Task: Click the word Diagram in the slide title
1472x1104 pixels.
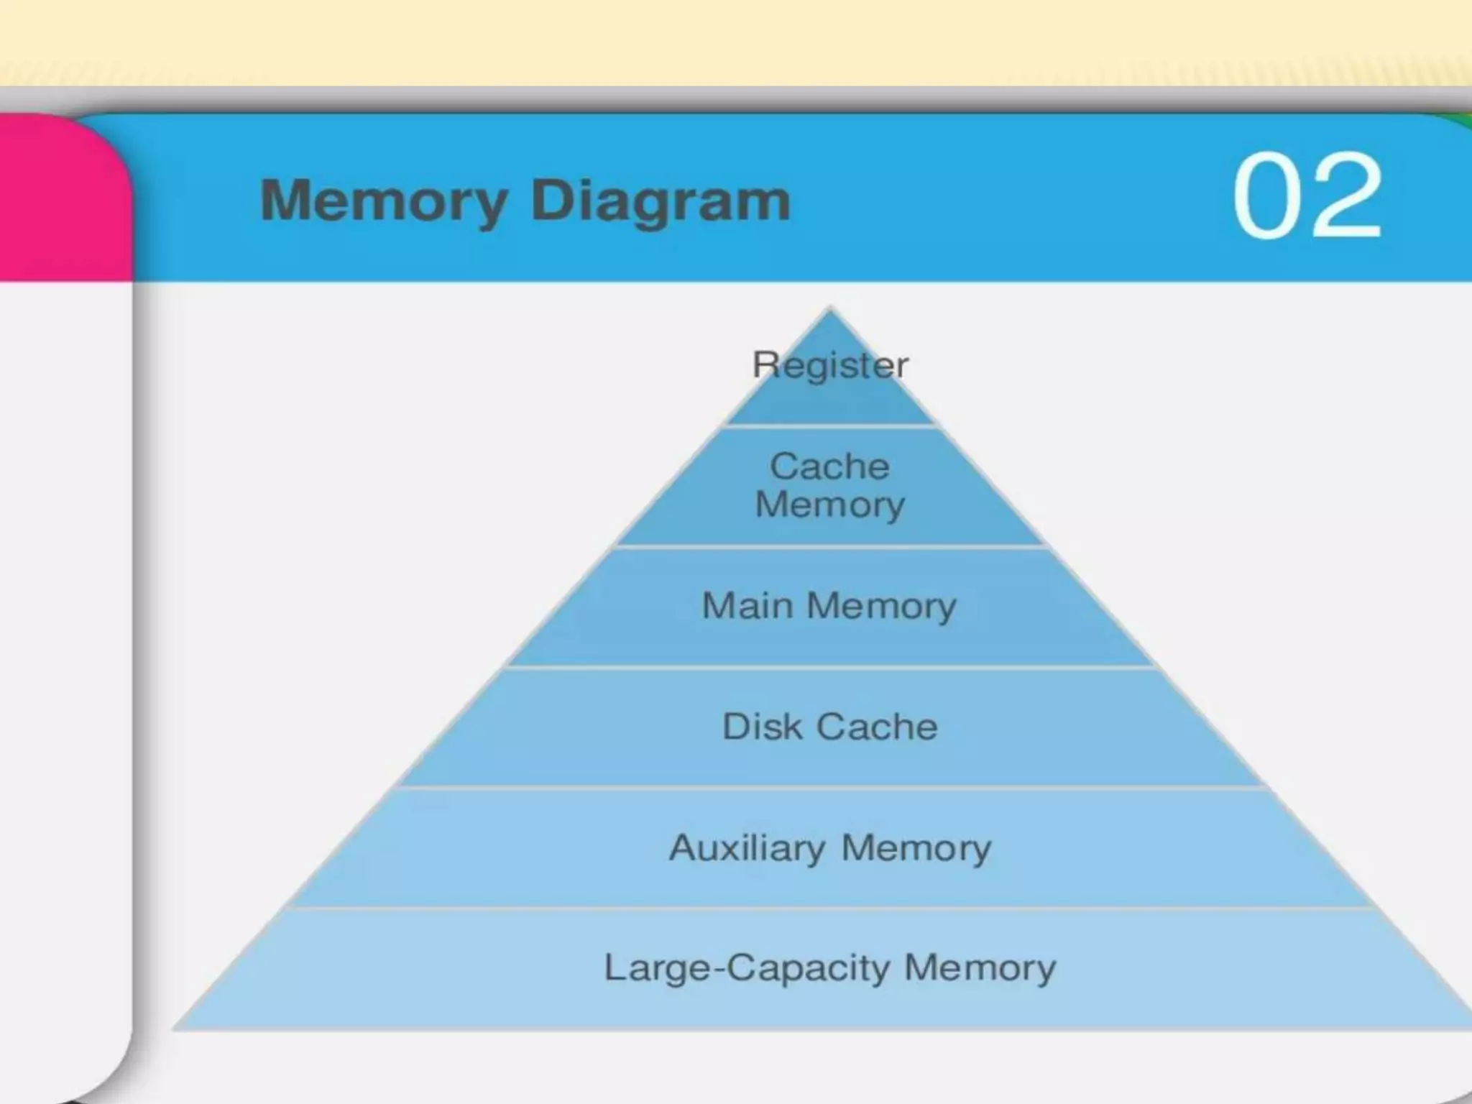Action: [x=661, y=201]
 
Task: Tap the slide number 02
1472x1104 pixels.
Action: [x=1307, y=195]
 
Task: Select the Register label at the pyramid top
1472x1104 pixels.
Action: [x=830, y=365]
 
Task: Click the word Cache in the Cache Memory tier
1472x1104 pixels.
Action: [x=830, y=466]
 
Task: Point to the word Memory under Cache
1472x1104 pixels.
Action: [x=830, y=504]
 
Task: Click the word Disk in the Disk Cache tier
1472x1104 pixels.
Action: [x=761, y=727]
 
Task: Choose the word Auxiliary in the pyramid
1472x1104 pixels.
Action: [x=747, y=848]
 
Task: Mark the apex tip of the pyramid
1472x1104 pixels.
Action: [x=831, y=310]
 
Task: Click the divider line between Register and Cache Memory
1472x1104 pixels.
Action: [x=830, y=426]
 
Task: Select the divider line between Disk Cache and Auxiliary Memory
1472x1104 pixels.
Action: [x=830, y=788]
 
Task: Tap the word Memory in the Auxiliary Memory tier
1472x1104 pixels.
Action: [x=916, y=848]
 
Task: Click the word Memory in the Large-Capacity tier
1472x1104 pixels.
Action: [x=980, y=967]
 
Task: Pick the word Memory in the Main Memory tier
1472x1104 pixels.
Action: [x=881, y=605]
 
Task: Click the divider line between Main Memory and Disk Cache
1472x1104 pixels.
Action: [x=830, y=667]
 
